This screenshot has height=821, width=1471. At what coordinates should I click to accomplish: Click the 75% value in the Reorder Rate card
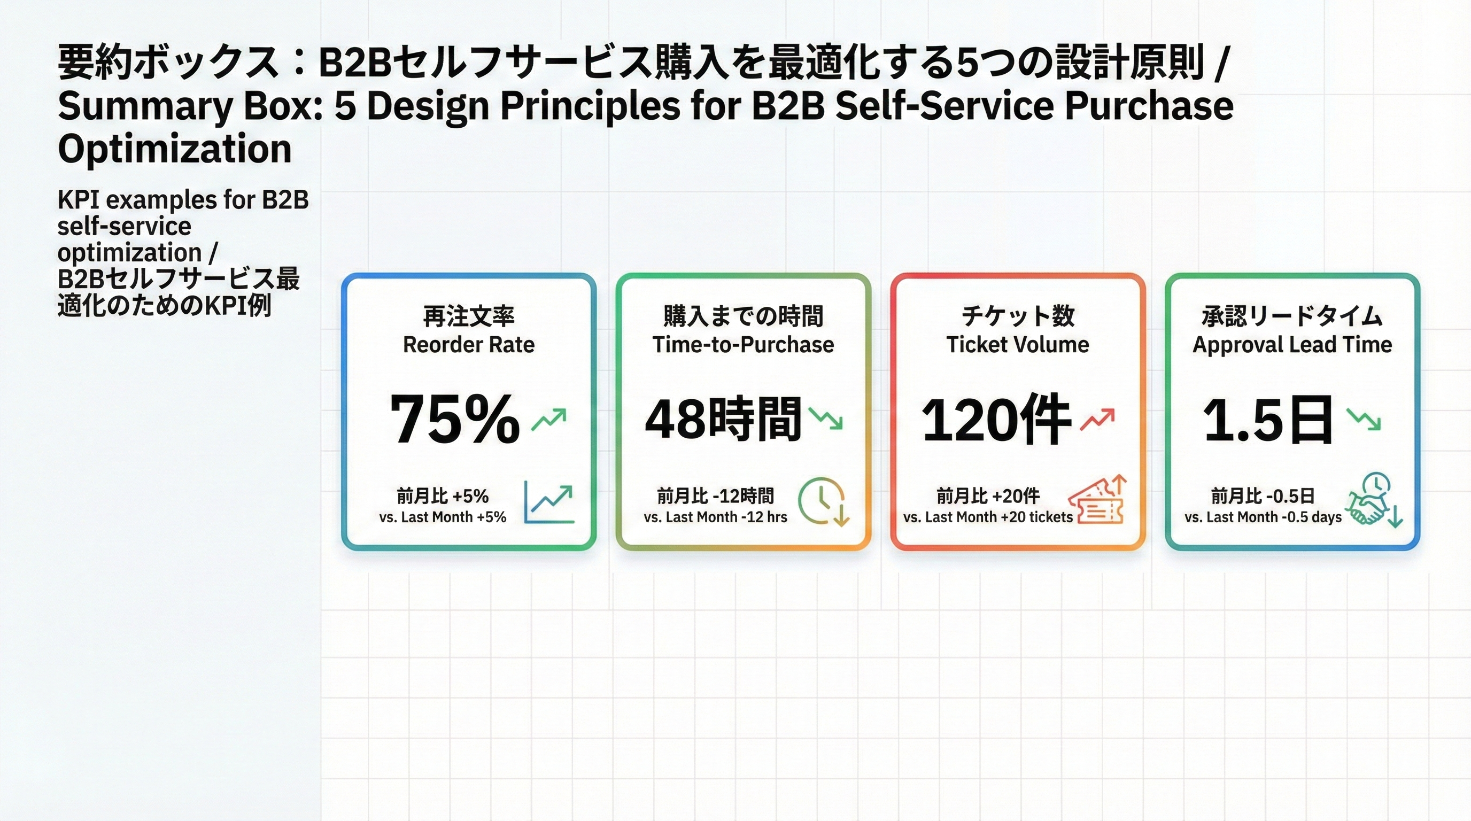[454, 420]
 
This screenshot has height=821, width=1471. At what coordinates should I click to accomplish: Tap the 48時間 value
[723, 420]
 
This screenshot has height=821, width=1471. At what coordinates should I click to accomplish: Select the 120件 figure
[995, 420]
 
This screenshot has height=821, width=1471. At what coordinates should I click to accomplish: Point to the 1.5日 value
[1268, 420]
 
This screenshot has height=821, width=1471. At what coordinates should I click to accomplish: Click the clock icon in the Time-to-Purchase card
[823, 501]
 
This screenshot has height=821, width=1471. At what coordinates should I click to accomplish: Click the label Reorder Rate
[468, 345]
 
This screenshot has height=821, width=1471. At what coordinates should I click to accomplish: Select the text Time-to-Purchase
[743, 345]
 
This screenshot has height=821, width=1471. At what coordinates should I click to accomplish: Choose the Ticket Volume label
[1018, 345]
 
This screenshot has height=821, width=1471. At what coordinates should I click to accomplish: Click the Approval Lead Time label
[1292, 345]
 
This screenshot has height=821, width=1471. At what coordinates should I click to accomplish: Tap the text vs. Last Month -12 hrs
[715, 517]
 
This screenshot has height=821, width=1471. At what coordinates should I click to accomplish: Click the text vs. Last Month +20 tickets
[988, 517]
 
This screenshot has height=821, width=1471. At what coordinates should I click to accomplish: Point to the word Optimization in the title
[175, 149]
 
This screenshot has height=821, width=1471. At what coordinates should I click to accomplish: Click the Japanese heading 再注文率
[468, 316]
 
